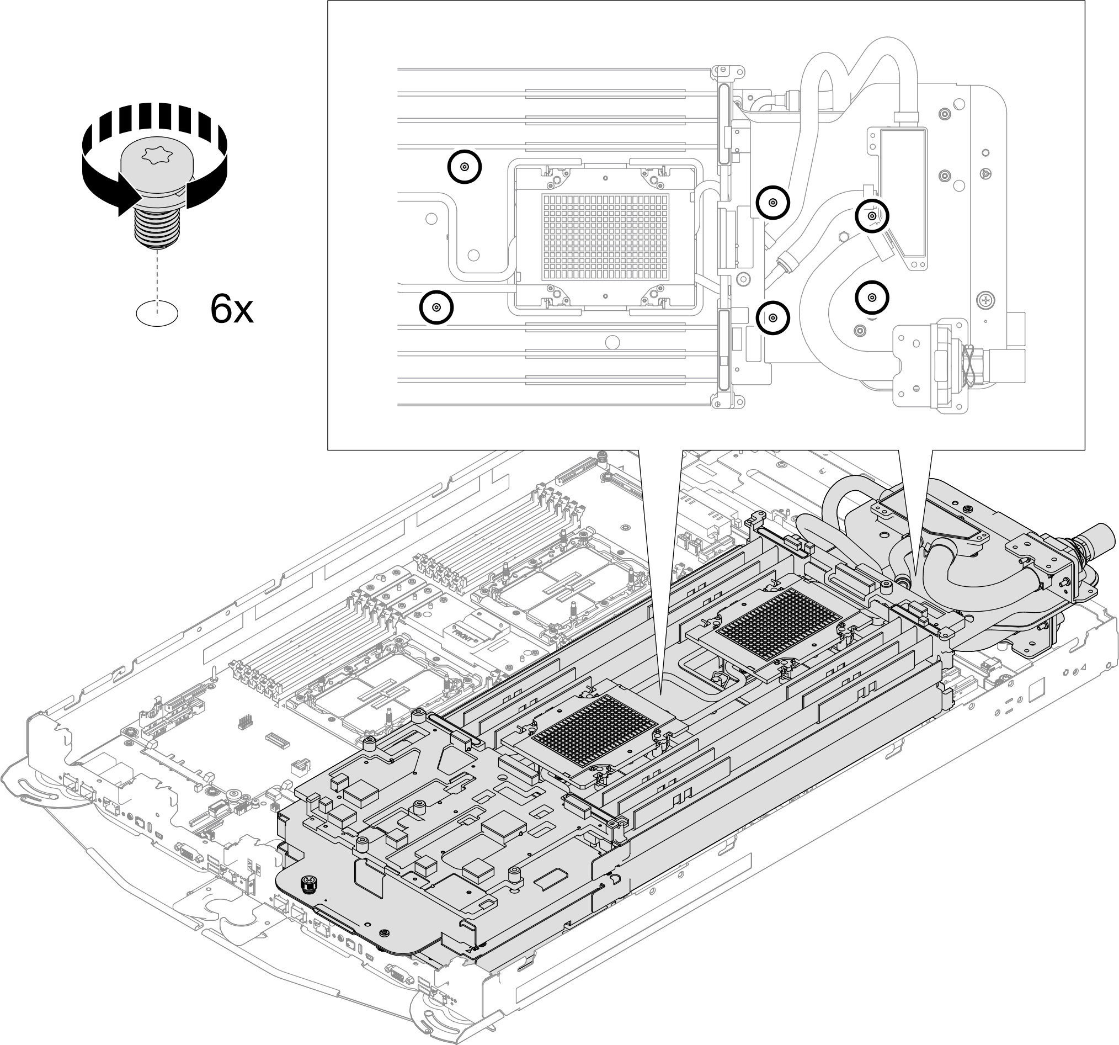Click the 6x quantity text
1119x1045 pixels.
232,309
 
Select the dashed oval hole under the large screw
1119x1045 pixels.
157,312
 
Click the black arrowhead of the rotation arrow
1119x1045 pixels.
127,201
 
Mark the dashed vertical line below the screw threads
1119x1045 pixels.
157,276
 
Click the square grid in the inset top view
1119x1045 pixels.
605,237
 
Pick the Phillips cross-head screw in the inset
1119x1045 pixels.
986,301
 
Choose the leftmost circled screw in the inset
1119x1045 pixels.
436,307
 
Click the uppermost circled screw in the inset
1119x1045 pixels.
465,167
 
